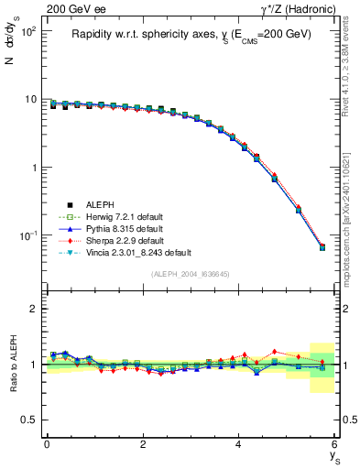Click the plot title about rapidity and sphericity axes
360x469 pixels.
tap(191, 34)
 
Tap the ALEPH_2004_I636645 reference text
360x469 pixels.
tap(191, 274)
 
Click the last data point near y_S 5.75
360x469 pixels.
tap(322, 247)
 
